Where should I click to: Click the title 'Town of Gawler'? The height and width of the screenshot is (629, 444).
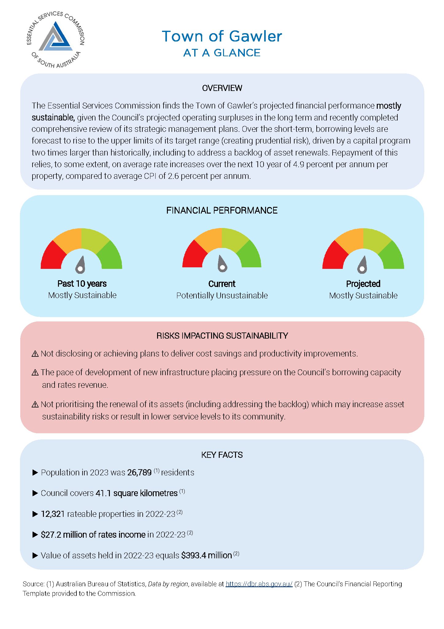[x=222, y=36]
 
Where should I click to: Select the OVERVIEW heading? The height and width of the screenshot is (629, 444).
[x=222, y=88]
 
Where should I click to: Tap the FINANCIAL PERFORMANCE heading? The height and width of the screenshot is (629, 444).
[x=222, y=210]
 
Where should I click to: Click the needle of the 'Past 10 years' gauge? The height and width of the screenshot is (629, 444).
[x=81, y=264]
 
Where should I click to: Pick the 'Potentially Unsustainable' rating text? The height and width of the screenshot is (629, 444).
[x=222, y=296]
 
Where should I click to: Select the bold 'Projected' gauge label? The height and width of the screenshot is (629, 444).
[x=363, y=284]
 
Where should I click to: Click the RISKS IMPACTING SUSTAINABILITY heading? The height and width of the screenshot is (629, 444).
[x=222, y=336]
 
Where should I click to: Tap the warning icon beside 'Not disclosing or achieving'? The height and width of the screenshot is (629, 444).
[x=35, y=354]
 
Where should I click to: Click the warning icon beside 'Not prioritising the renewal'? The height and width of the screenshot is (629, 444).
[x=35, y=405]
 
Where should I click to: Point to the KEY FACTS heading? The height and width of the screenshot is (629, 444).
[x=222, y=455]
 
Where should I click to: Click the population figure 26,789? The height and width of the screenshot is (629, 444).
[x=139, y=473]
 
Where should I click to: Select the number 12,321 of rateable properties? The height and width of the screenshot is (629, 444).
[x=52, y=514]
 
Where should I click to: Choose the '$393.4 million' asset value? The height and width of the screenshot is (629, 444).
[x=206, y=556]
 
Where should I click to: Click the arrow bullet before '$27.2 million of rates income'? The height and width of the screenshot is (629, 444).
[x=35, y=535]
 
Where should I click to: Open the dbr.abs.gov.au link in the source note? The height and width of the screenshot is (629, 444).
[x=259, y=584]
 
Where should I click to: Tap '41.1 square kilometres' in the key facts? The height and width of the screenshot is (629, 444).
[x=137, y=493]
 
